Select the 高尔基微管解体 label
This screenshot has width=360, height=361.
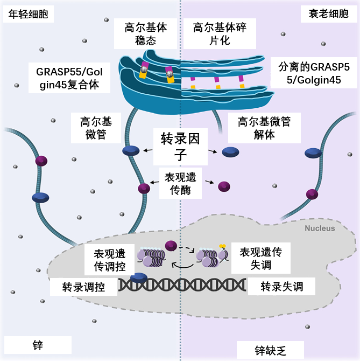264,128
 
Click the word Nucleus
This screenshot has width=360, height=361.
320,228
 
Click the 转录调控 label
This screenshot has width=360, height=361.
83,286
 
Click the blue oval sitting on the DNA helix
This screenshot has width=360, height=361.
138,277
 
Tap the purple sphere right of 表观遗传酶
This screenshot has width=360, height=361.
223,186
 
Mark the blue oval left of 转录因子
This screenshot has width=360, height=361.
131,151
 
